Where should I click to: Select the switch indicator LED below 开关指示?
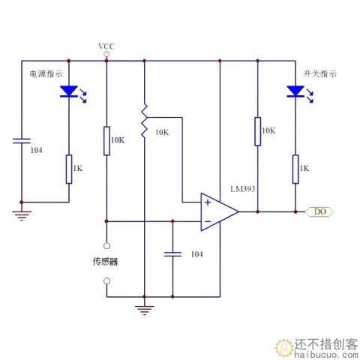tap(295, 92)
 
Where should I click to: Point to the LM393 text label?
tap(243, 189)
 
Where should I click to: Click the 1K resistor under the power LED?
tap(69, 169)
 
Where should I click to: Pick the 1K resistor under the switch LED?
tap(295, 169)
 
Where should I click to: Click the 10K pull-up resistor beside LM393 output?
tap(257, 130)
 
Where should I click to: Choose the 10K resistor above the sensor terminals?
tap(106, 139)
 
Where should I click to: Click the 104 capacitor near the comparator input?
tap(173, 254)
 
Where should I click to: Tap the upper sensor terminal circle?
tap(106, 245)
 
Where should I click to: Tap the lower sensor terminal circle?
tap(106, 281)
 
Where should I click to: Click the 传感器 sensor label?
tap(106, 262)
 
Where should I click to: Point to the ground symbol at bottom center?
tap(143, 307)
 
